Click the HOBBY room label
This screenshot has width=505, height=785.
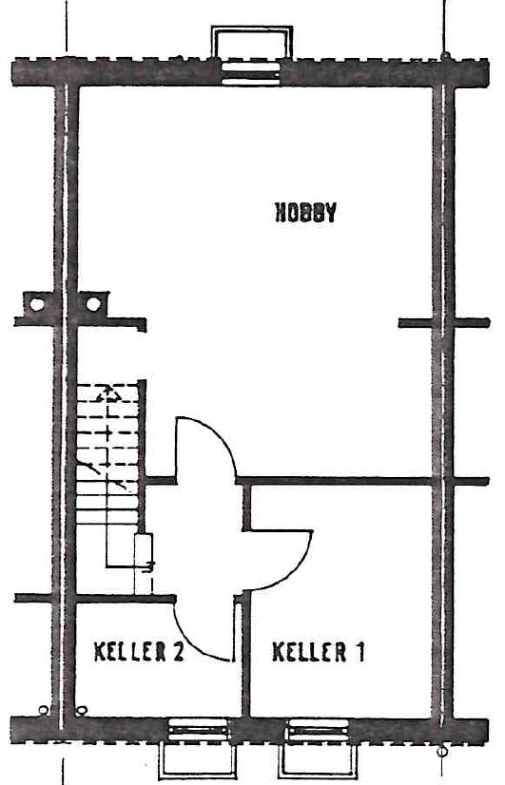[x=306, y=212]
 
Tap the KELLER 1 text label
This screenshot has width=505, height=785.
[x=319, y=651]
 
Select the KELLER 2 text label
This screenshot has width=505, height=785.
[x=139, y=651]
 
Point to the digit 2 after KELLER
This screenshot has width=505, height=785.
[x=177, y=651]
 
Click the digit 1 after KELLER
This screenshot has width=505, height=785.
[x=359, y=651]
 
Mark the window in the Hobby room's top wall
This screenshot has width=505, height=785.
[x=250, y=72]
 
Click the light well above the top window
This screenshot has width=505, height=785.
[x=251, y=42]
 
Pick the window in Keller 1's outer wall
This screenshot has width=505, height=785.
[x=318, y=730]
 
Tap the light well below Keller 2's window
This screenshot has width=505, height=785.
[x=197, y=760]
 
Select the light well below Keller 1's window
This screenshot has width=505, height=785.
[x=319, y=760]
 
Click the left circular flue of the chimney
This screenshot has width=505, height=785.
[x=36, y=303]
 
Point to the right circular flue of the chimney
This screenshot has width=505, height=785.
[x=92, y=303]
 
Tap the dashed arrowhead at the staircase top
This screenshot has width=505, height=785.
[x=107, y=395]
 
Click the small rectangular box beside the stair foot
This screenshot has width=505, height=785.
[x=144, y=565]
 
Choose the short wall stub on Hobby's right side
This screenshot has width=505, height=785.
[x=416, y=323]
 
